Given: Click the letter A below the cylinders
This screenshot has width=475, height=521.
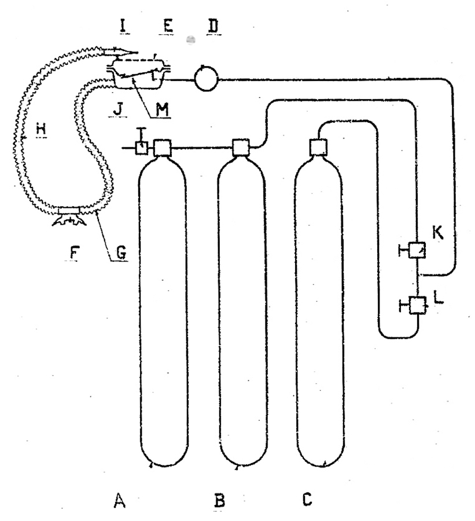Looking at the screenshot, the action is coord(120,500).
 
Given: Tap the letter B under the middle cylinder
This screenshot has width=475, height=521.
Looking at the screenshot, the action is coord(219,501).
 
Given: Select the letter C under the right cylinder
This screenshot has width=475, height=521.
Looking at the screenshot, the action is coord(307,500).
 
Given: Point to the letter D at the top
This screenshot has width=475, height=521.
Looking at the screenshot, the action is coord(213,26).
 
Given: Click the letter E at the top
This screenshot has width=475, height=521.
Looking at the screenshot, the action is coord(167,25).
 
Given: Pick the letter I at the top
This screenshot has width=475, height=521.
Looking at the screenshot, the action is coord(124,26).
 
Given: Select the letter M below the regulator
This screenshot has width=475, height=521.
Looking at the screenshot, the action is coord(163,109).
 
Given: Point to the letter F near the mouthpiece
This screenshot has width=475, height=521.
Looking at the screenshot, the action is coord(75,254).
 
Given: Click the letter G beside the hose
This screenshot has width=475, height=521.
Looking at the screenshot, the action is coord(121,252).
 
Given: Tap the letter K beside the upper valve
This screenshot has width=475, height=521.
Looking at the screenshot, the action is coord(438,233).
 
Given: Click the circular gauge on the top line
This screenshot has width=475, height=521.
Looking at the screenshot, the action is coord(206,79).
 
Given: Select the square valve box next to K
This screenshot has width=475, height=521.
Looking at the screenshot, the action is coord(417,250).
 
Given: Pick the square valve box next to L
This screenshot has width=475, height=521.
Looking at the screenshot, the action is coord(418,305).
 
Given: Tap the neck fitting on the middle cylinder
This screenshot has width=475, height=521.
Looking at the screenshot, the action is coord(241,148).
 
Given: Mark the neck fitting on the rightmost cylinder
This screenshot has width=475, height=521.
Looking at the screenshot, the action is coord(318,147).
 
